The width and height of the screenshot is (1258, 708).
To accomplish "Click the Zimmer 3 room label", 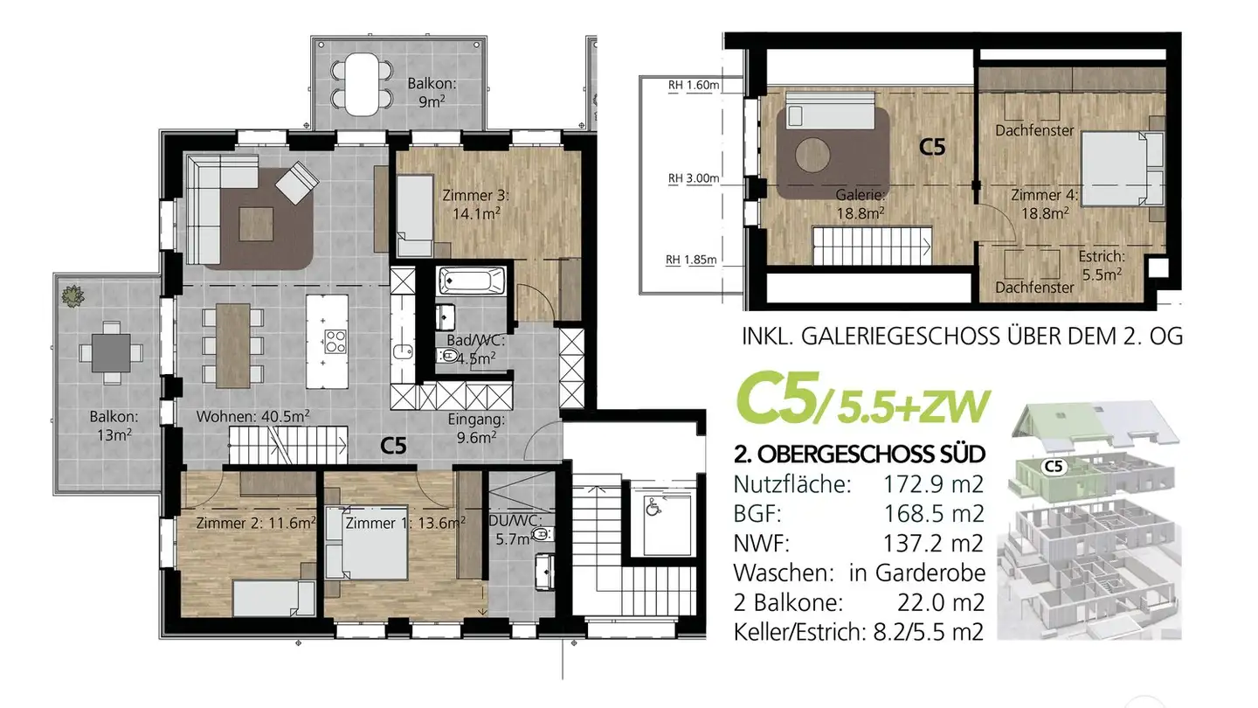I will pyautogui.click(x=475, y=204).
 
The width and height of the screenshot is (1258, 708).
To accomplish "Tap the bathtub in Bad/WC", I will pyautogui.click(x=472, y=281).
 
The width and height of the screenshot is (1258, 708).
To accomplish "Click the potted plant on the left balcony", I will pyautogui.click(x=71, y=295).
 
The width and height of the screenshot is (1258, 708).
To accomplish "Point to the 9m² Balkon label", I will pyautogui.click(x=432, y=93).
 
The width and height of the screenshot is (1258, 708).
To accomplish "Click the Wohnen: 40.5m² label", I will pyautogui.click(x=253, y=416).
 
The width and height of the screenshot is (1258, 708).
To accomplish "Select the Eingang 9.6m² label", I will pyautogui.click(x=475, y=428).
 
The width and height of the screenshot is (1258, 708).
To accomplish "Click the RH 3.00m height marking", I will pyautogui.click(x=693, y=178).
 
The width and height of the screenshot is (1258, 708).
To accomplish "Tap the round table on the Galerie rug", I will pyautogui.click(x=813, y=156).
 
